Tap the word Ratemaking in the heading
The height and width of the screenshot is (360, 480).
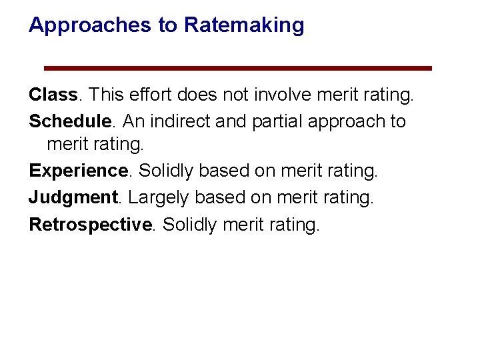[244, 25]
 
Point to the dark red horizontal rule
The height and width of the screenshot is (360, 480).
[238, 68]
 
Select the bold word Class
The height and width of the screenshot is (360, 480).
[53, 95]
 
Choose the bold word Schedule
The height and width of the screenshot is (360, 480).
[69, 121]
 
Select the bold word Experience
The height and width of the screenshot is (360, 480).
[78, 171]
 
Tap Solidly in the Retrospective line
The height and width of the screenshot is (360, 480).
[189, 224]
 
